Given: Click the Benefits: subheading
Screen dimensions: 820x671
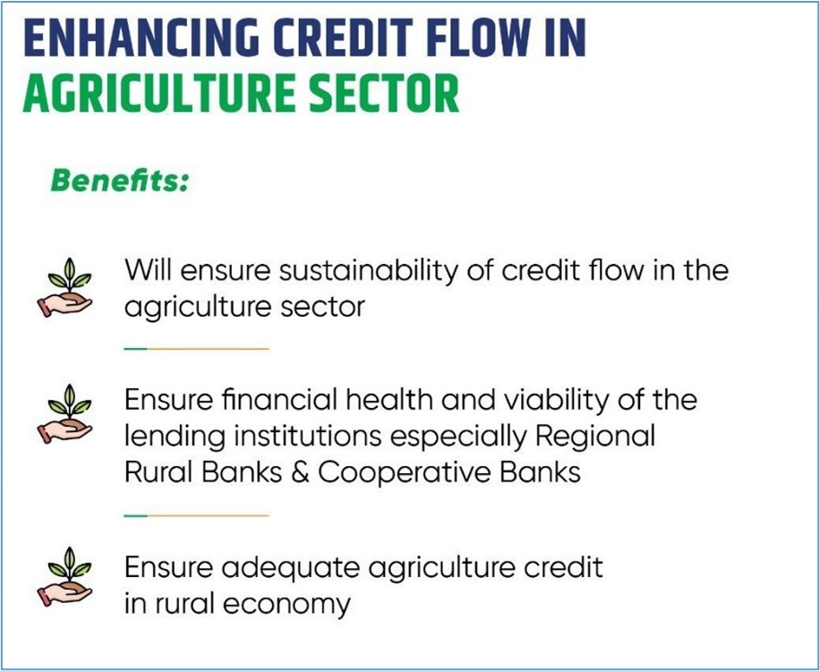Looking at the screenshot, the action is click(119, 181).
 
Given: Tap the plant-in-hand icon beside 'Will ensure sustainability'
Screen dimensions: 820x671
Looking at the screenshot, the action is click(64, 287).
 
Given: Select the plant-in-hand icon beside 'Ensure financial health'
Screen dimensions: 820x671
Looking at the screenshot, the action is click(64, 414).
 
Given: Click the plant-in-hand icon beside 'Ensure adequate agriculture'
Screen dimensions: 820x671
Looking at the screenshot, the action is click(64, 576).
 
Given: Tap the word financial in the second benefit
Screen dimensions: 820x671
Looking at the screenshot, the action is click(276, 400).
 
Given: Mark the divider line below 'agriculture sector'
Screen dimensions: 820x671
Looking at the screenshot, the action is click(197, 348).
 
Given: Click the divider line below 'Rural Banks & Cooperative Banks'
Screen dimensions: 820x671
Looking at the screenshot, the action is click(197, 515).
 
